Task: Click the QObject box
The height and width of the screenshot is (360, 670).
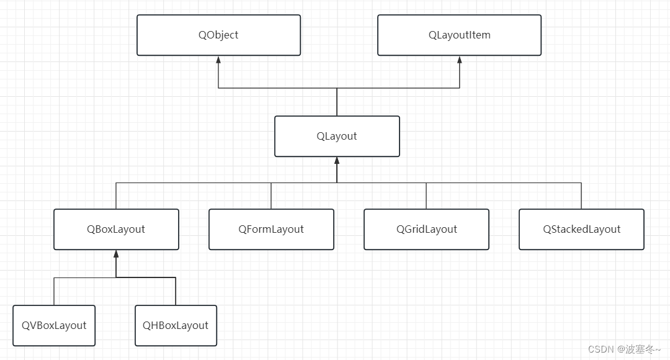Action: pos(218,35)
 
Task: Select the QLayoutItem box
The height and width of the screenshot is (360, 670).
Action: pos(459,35)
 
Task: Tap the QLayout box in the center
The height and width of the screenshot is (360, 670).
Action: pos(337,136)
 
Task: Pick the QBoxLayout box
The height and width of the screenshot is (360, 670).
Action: pos(116,229)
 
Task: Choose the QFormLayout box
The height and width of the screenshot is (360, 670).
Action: pos(271,229)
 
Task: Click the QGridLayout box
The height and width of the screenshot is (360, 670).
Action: pos(426,229)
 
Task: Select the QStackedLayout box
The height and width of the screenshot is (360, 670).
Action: pos(581,229)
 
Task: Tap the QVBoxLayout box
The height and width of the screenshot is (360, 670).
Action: pos(54,325)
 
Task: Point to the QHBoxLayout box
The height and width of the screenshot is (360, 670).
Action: pos(176,325)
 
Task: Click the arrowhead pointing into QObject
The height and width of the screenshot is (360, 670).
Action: pos(218,60)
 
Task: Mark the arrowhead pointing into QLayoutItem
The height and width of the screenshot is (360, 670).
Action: pos(460,60)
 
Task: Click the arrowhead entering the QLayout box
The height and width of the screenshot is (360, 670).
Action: pos(337,161)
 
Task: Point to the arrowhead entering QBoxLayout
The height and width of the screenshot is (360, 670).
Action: pos(116,254)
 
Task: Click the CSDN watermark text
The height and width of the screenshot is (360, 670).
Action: pos(624,349)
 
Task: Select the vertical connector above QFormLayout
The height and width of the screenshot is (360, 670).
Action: pos(271,196)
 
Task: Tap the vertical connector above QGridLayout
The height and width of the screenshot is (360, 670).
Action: pos(426,196)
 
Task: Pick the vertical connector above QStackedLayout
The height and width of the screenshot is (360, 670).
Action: pos(581,196)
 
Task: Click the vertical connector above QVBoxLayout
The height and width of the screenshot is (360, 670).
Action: pos(54,291)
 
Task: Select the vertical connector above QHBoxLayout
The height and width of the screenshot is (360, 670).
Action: pos(176,291)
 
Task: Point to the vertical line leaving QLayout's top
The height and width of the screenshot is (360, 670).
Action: pos(337,102)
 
